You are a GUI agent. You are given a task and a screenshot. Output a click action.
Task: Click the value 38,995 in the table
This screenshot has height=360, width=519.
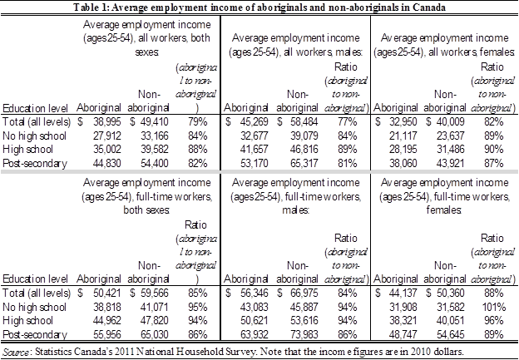107,122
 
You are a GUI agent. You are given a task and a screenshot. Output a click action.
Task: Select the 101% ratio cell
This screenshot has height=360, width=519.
494,307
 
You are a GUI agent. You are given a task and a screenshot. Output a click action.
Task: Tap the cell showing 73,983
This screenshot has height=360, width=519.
304,334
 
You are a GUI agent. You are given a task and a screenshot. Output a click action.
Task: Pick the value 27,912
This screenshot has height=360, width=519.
107,136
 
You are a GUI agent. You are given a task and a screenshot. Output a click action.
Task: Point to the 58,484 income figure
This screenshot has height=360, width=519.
304,122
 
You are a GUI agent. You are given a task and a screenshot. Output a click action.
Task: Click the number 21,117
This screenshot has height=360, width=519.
403,136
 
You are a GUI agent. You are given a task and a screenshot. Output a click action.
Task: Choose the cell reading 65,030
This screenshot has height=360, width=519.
154,334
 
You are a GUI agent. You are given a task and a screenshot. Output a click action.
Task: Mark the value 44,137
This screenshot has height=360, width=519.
403,293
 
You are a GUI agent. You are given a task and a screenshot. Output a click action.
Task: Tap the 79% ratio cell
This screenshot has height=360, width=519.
198,122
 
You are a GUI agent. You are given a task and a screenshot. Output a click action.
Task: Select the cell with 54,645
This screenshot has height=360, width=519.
450,334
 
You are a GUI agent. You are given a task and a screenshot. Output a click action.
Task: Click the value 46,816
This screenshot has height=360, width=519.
304,150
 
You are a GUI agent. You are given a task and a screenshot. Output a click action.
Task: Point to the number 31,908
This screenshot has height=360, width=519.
403,307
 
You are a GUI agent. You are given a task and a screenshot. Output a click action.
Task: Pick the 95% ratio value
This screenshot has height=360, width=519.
198,307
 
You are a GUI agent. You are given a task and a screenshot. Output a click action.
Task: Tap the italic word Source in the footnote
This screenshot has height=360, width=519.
16,352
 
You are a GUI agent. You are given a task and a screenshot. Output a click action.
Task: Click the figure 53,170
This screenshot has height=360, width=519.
255,164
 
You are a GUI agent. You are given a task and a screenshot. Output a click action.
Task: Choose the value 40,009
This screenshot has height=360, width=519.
450,122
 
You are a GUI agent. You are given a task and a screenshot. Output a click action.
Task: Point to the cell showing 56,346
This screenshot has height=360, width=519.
255,293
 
